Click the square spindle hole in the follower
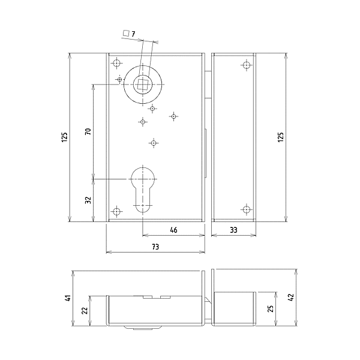point(142,85)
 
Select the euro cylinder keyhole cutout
point(143,187)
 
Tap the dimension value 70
point(88,131)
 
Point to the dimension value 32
point(88,200)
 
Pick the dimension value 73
point(155,247)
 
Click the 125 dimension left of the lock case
point(64,137)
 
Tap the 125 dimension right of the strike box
point(280,137)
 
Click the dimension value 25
point(271,309)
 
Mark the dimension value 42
point(290,298)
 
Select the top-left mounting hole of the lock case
point(116,62)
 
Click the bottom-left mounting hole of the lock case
point(116,211)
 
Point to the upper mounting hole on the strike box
point(245,65)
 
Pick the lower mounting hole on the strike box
point(245,209)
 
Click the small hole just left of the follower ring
point(120,79)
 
